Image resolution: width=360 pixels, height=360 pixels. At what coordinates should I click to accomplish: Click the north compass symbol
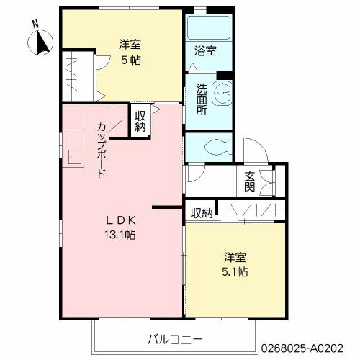[x=40, y=42]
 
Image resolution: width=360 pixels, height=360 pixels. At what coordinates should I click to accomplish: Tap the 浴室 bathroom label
[x=205, y=51]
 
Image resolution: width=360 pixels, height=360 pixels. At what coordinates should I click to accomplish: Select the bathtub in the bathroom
[x=209, y=28]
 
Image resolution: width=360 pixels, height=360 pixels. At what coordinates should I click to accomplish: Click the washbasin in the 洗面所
[x=222, y=93]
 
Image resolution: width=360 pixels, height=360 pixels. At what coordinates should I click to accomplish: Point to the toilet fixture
[x=218, y=147]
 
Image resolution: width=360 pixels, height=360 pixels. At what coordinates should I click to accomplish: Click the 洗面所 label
[x=202, y=99]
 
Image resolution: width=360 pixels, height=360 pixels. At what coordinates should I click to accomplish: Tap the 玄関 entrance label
[x=249, y=181]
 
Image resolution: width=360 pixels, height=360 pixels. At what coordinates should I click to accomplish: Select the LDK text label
[x=121, y=220]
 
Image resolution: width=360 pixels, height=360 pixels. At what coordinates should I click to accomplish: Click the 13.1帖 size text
[x=120, y=235]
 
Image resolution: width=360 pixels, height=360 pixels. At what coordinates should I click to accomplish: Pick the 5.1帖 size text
[x=235, y=271]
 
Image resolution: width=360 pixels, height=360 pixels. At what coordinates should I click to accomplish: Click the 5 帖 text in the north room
[x=131, y=60]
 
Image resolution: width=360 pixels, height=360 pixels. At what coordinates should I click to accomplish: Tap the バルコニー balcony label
[x=175, y=340]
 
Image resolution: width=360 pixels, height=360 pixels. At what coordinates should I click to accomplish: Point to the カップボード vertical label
[x=102, y=150]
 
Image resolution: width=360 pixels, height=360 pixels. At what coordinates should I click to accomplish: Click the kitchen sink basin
[x=75, y=157]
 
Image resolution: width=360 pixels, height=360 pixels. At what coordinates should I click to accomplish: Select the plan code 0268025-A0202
[x=302, y=348]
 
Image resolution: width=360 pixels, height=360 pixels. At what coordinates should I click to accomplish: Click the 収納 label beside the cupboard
[x=140, y=122]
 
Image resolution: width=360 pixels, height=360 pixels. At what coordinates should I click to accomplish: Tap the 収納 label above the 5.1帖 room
[x=202, y=213]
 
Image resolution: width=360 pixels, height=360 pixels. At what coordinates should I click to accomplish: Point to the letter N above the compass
[x=35, y=24]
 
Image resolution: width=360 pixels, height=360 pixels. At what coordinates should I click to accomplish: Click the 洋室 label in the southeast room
[x=235, y=257]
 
